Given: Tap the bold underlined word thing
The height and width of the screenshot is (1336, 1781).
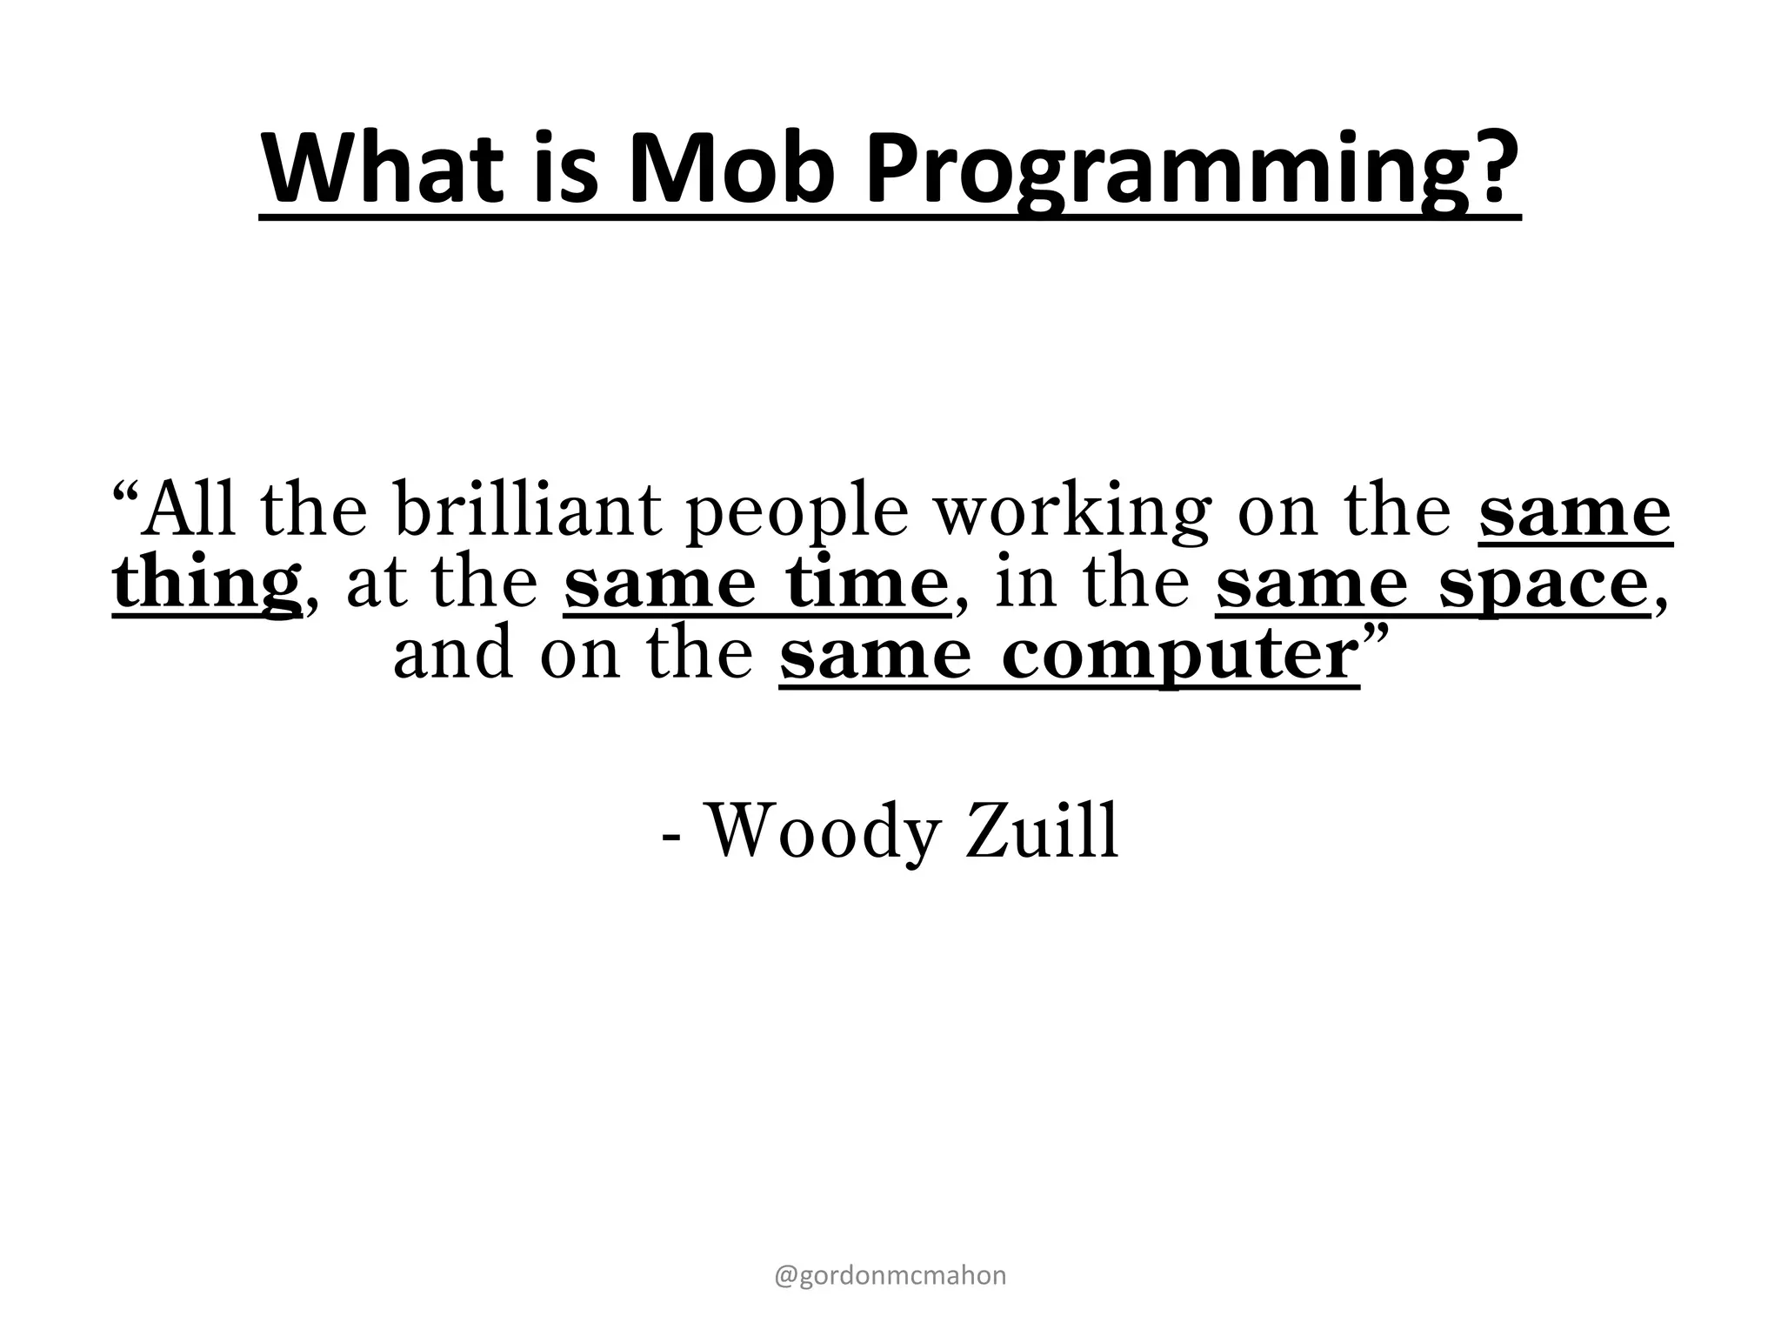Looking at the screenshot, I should click(x=207, y=584).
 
